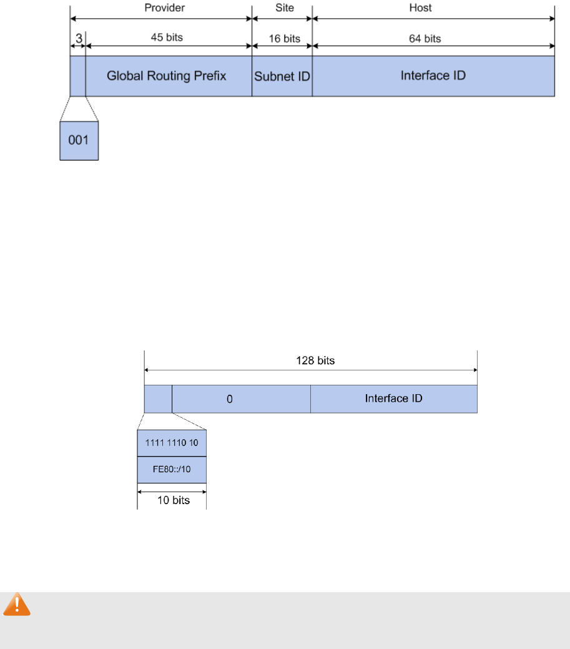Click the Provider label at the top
coord(162,8)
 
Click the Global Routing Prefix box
coord(167,76)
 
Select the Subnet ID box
coord(282,76)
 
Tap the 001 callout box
coord(79,141)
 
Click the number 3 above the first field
coord(79,38)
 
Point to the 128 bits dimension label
coord(311,362)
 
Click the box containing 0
coord(241,399)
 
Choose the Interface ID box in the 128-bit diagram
coord(394,399)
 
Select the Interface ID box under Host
coord(433,76)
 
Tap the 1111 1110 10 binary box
coord(172,443)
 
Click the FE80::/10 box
coord(172,470)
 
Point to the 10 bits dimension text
coord(172,500)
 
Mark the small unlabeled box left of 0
coord(158,399)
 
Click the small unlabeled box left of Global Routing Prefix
coord(77,76)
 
